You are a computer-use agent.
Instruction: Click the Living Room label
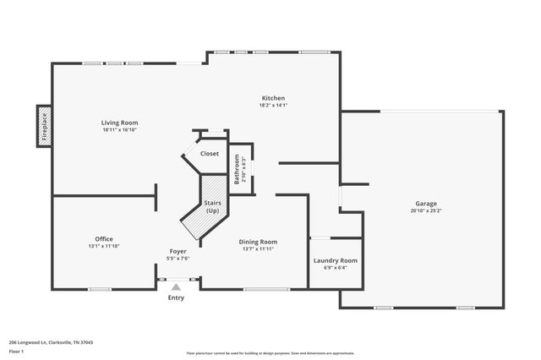119,123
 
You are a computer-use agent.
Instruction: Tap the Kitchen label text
273,98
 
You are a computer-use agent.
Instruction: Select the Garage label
425,204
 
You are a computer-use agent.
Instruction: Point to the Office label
104,239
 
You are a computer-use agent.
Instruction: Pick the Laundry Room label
336,260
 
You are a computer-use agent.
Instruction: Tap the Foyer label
178,251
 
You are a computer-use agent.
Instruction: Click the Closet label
209,154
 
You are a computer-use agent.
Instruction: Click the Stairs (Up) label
213,207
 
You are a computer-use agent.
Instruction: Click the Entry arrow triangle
176,287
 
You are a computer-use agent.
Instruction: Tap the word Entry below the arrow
176,297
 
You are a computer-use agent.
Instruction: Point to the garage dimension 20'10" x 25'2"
425,210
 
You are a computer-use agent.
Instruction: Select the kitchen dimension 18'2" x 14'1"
273,105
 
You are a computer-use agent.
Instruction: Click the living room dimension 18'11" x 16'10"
119,130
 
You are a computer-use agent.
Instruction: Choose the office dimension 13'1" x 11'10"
104,246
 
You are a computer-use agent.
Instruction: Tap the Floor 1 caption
16,350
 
